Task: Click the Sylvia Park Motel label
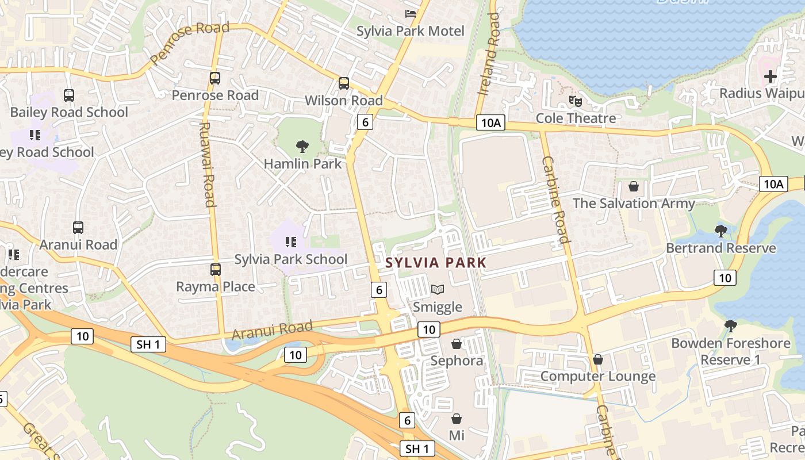pyautogui.click(x=410, y=31)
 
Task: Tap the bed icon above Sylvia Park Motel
pyautogui.click(x=410, y=13)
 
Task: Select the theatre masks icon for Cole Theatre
pyautogui.click(x=575, y=101)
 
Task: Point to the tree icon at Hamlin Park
pyautogui.click(x=302, y=147)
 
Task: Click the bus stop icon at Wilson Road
pyautogui.click(x=343, y=83)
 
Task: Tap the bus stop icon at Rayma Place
pyautogui.click(x=215, y=269)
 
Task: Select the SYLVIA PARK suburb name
pyautogui.click(x=436, y=263)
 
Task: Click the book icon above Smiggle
pyautogui.click(x=438, y=290)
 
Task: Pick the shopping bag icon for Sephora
pyautogui.click(x=457, y=344)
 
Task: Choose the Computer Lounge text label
pyautogui.click(x=598, y=377)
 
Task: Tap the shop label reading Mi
pyautogui.click(x=457, y=435)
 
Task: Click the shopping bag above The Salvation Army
pyautogui.click(x=633, y=186)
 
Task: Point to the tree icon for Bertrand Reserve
pyautogui.click(x=720, y=231)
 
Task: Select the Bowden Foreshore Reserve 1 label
pyautogui.click(x=730, y=351)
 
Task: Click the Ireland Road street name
pyautogui.click(x=489, y=55)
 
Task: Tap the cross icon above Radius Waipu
pyautogui.click(x=770, y=76)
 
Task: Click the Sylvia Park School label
pyautogui.click(x=290, y=259)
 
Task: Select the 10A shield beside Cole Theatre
pyautogui.click(x=490, y=122)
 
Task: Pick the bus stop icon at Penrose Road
pyautogui.click(x=214, y=78)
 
